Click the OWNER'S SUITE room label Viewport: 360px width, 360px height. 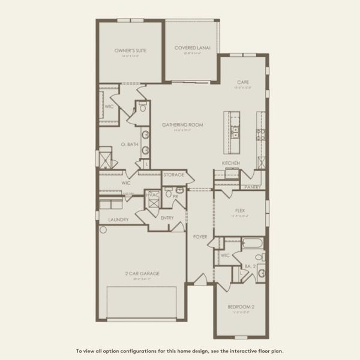point(131,51)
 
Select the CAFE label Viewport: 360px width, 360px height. point(243,82)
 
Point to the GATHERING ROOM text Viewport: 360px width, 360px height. point(183,125)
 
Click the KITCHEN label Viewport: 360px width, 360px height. point(231,163)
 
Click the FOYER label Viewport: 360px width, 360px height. point(200,237)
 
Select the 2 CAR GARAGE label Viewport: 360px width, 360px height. point(142,274)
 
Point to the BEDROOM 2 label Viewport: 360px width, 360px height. point(241,307)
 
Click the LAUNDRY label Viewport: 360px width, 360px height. point(118,220)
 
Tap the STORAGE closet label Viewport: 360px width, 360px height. point(174,175)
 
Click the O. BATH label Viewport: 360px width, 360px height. point(130,145)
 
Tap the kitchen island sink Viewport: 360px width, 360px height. point(235,130)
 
